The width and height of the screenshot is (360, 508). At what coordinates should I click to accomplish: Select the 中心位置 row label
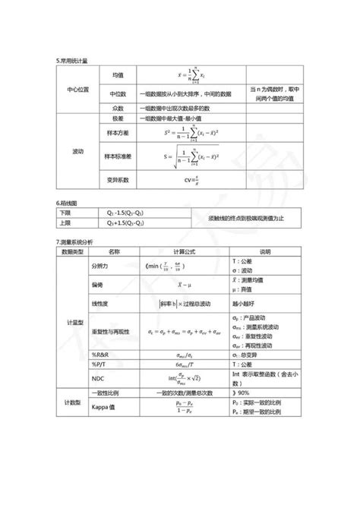tap(77, 89)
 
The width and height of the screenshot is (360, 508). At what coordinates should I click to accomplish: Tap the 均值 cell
tap(118, 75)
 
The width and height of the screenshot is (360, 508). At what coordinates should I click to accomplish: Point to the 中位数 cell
tap(117, 93)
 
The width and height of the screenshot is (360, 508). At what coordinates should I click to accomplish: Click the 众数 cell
tap(117, 108)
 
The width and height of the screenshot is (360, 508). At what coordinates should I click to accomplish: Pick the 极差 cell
tap(117, 119)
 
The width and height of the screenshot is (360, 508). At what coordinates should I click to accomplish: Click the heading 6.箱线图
tap(68, 204)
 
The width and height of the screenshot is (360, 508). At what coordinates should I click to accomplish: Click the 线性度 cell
tap(100, 304)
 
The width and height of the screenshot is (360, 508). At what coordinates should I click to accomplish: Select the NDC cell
tap(97, 377)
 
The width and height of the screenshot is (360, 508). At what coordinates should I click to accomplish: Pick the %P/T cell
tap(99, 363)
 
